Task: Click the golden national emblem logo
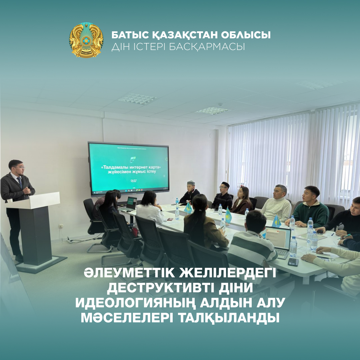click(86, 40)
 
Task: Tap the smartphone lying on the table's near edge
click(293, 262)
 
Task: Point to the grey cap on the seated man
click(191, 183)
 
